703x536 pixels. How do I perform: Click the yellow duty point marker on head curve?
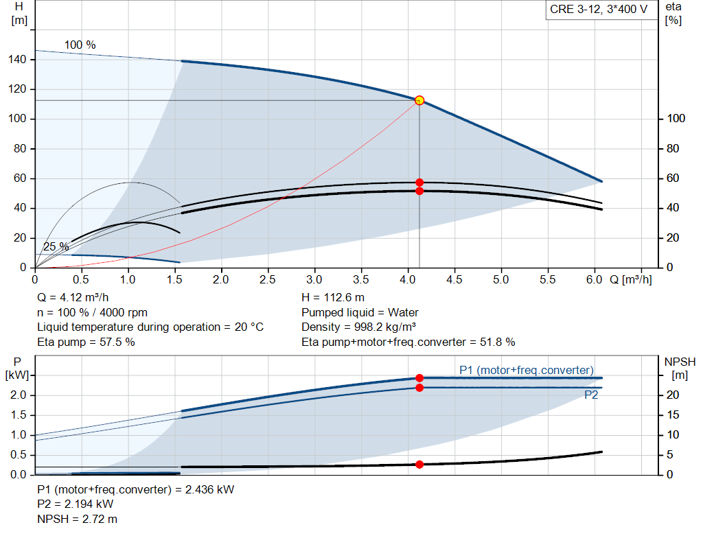pos(419,100)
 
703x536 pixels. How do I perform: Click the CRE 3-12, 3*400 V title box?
pos(598,10)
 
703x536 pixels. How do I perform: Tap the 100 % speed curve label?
pos(80,45)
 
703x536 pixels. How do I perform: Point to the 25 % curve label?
pos(56,246)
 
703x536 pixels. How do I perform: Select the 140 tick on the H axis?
pos(18,60)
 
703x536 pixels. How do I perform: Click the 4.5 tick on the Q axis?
pos(454,280)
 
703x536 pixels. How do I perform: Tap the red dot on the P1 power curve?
pos(419,377)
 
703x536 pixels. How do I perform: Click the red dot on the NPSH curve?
pos(419,465)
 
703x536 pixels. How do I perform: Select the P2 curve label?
pos(591,395)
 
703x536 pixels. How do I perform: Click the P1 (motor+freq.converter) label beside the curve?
pos(527,371)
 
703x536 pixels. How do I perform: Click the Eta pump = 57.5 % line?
pos(86,342)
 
